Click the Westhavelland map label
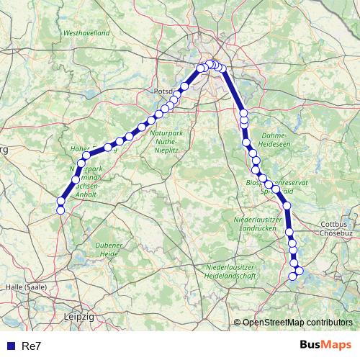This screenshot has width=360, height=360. [x=86, y=33]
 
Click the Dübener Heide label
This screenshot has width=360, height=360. [x=108, y=249]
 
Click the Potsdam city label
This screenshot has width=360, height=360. [x=165, y=91]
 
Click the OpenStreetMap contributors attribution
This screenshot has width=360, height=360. [x=297, y=323]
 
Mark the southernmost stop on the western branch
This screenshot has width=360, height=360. [x=60, y=210]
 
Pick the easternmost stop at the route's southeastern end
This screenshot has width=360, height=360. [x=300, y=271]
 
